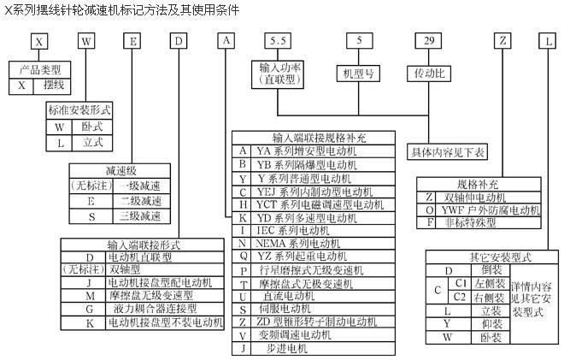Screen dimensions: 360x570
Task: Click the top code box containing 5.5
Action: click(275, 40)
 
